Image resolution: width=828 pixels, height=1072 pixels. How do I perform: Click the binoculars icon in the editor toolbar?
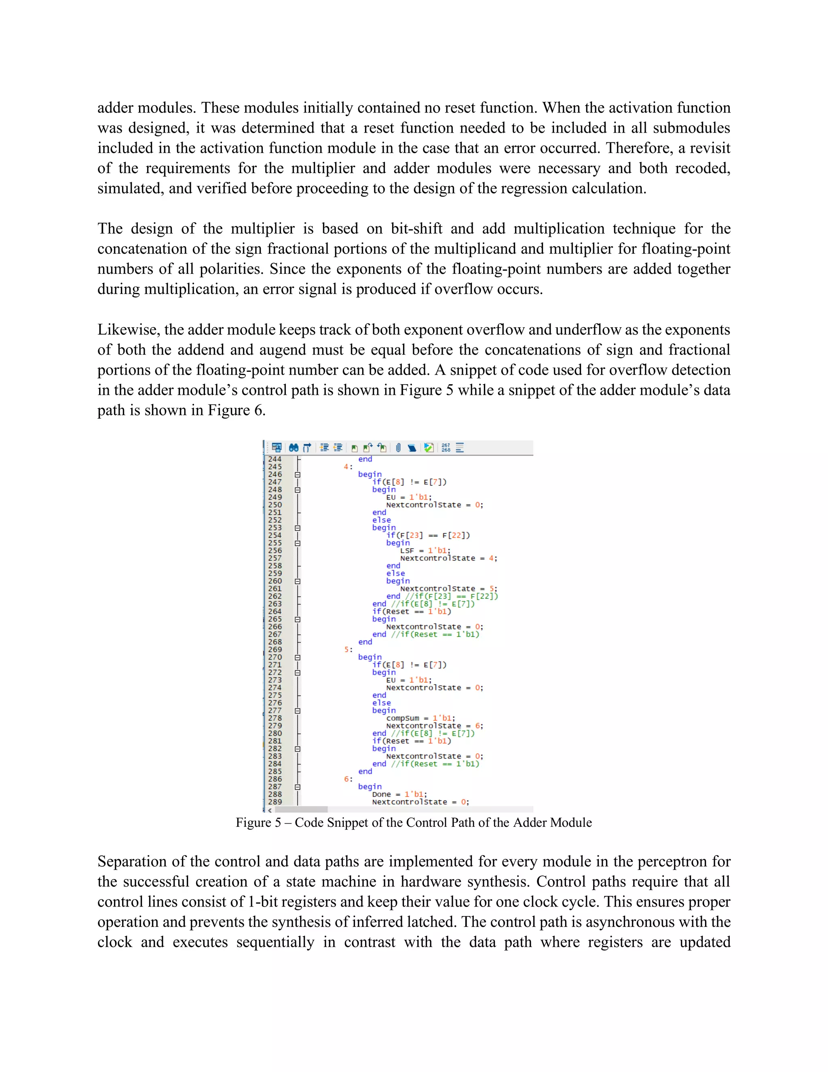click(x=294, y=448)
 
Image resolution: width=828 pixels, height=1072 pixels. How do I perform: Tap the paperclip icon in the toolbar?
click(x=398, y=448)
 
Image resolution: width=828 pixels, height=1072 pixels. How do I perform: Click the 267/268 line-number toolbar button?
click(x=446, y=448)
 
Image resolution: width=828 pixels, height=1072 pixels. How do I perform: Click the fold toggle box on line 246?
click(x=297, y=475)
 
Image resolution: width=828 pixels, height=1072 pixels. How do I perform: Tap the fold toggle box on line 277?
click(x=297, y=711)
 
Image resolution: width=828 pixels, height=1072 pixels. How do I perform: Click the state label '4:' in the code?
click(x=348, y=467)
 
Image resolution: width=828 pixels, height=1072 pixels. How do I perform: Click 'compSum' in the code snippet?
click(x=403, y=718)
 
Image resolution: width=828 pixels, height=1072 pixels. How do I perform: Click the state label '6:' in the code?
click(x=348, y=779)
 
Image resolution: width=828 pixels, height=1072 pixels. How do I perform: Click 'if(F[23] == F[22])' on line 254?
click(x=428, y=536)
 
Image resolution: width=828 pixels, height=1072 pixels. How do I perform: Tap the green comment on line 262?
click(x=451, y=596)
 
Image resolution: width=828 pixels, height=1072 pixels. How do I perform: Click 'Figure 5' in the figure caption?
click(x=258, y=823)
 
